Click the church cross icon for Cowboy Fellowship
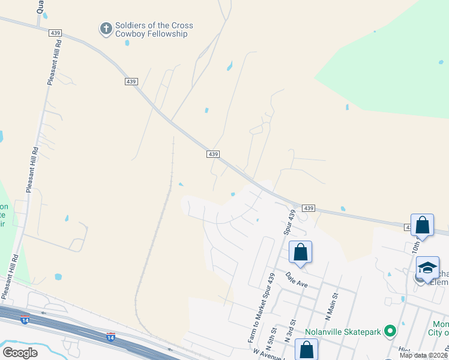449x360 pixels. coord(106,28)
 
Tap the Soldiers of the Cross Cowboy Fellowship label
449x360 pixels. coord(151,29)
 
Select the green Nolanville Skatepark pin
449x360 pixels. coord(390,330)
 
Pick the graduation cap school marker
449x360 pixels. coord(427,268)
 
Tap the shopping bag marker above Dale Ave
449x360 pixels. coord(301,253)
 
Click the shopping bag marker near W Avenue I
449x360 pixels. coord(307,350)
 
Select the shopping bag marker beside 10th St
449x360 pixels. coord(422,226)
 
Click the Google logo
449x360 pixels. coord(20,352)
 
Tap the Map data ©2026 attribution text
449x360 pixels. coord(423,355)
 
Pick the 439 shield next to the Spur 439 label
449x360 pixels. coord(309,208)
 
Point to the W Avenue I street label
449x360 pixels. coord(268,354)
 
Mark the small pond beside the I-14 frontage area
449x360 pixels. coord(58,277)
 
